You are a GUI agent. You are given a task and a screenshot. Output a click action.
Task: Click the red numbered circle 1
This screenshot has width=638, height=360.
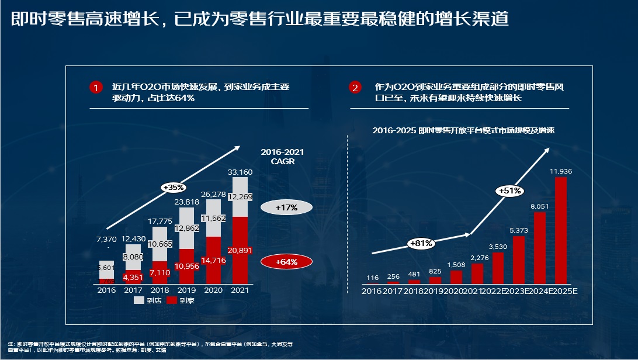[96, 88]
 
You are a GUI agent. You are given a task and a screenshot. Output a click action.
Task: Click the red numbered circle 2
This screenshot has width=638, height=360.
[355, 88]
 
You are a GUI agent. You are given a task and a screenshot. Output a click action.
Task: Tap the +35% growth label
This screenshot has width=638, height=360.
[174, 188]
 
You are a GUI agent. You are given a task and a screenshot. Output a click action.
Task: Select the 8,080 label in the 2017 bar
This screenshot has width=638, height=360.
[133, 257]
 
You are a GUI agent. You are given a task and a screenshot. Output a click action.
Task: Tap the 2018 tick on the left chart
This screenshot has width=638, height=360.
[160, 290]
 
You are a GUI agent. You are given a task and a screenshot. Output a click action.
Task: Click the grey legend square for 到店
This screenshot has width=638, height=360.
[138, 300]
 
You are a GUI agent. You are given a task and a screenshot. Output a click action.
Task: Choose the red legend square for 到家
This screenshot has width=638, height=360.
[172, 300]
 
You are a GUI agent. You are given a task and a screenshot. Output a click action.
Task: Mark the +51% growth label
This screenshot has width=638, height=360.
[509, 191]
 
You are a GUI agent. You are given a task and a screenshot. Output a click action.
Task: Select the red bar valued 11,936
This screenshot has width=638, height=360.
[561, 230]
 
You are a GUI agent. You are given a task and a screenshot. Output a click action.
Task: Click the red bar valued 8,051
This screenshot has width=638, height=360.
[540, 247]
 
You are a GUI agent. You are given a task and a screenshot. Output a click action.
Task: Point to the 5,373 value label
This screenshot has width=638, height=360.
[519, 230]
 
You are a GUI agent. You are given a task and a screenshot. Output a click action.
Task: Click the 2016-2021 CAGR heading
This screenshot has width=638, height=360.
[283, 157]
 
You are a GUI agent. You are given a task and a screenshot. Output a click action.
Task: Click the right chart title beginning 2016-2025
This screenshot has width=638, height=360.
[463, 131]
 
